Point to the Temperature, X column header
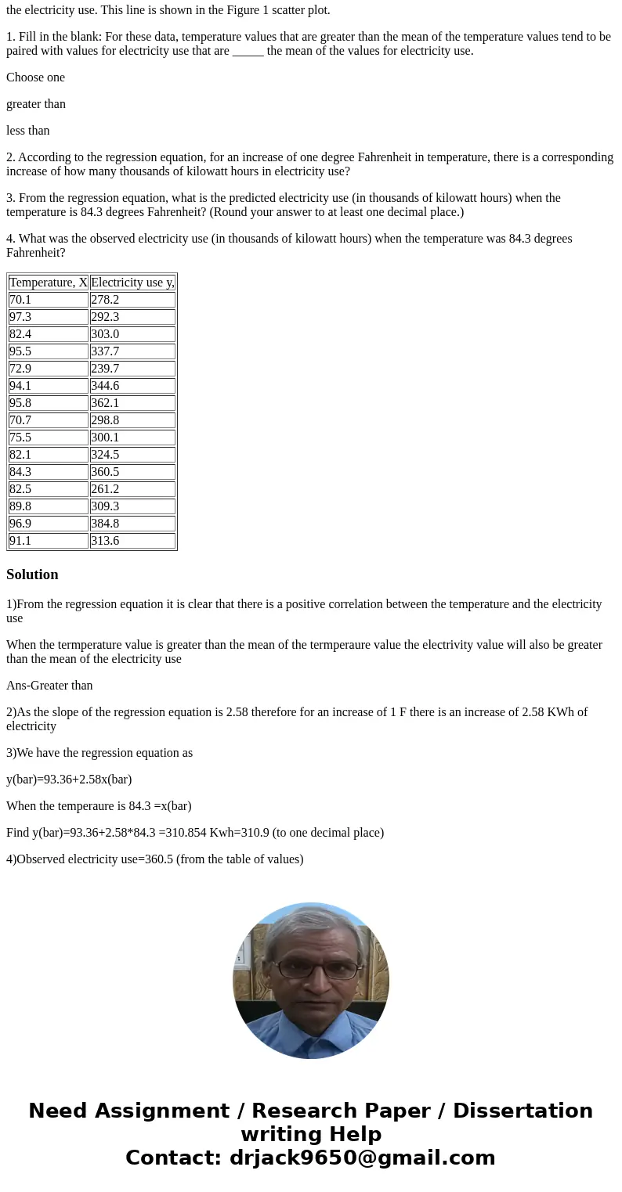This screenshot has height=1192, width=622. click(x=49, y=283)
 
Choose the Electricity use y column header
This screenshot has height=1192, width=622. click(x=132, y=283)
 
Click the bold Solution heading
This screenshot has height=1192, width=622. click(x=32, y=574)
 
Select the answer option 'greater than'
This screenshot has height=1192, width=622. click(x=36, y=104)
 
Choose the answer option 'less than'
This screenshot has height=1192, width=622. click(x=28, y=131)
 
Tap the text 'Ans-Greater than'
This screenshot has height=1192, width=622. click(x=49, y=686)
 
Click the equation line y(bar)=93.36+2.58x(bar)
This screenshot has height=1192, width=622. click(x=69, y=780)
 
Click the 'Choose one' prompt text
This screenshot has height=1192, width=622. click(x=36, y=77)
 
